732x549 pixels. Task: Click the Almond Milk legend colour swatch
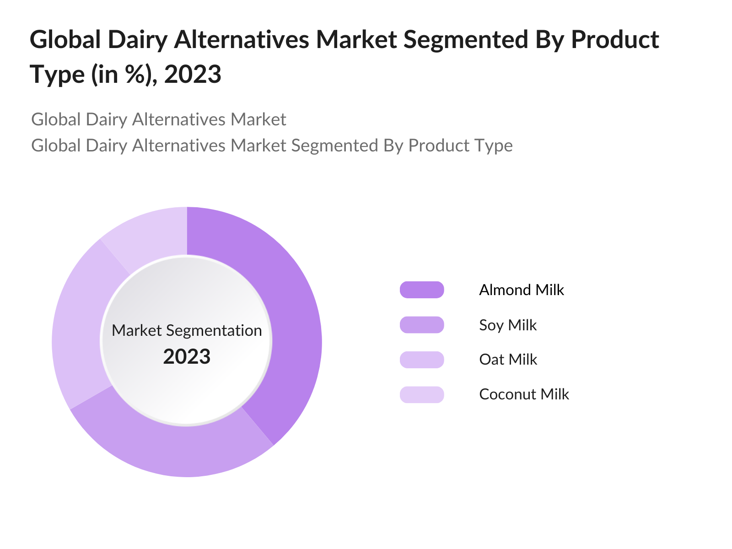tap(422, 290)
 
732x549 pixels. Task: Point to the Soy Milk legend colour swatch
tap(422, 325)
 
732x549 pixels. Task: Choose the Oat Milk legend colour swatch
tap(422, 360)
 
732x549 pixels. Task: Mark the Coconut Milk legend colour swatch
tap(422, 394)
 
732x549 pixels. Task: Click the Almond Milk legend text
tap(522, 290)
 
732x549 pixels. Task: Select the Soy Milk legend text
tap(508, 325)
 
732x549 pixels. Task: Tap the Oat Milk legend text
tap(508, 360)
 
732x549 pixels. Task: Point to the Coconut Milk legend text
tap(524, 394)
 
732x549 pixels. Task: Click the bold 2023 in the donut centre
tap(187, 357)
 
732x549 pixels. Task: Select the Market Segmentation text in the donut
tap(187, 330)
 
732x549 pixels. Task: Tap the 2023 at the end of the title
tap(193, 74)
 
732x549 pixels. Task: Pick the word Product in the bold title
tap(615, 40)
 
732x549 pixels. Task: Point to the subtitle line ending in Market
tap(158, 119)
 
